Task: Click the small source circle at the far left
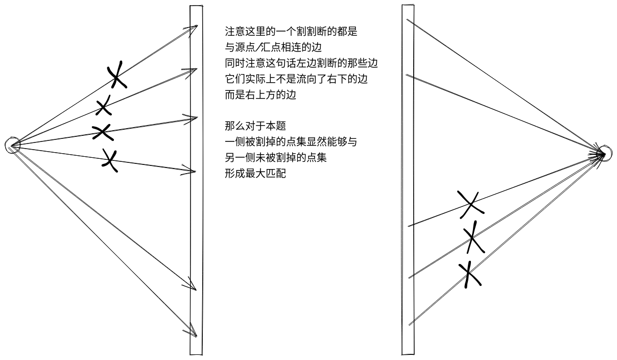pyautogui.click(x=12, y=146)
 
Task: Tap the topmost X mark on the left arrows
pyautogui.click(x=117, y=75)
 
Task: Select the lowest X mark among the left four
pyautogui.click(x=109, y=160)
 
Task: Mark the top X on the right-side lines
pyautogui.click(x=470, y=203)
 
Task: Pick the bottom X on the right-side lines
pyautogui.click(x=469, y=275)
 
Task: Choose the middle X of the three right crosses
pyautogui.click(x=474, y=237)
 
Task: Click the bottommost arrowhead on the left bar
pyautogui.click(x=192, y=330)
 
